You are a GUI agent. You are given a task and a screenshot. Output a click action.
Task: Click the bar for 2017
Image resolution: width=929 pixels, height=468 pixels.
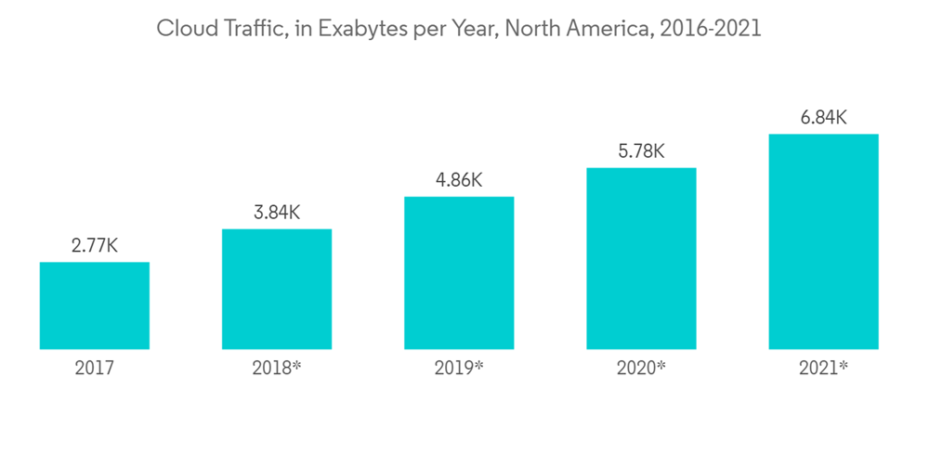pyautogui.click(x=95, y=305)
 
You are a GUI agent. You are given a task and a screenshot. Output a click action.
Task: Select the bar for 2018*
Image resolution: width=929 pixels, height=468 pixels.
pyautogui.click(x=277, y=289)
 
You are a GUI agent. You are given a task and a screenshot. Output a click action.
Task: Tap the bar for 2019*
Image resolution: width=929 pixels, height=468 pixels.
pyautogui.click(x=459, y=273)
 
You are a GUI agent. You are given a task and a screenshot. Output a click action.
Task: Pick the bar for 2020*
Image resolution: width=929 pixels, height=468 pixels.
pyautogui.click(x=641, y=258)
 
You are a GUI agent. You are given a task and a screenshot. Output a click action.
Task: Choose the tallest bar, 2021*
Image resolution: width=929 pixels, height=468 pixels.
pyautogui.click(x=823, y=241)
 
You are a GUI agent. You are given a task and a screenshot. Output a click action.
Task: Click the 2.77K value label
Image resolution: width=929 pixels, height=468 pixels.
pyautogui.click(x=95, y=246)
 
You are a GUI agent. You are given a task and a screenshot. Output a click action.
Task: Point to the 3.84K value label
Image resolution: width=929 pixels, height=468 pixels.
pyautogui.click(x=277, y=213)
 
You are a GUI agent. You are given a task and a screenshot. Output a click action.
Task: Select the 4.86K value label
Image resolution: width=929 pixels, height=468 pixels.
pyautogui.click(x=459, y=180)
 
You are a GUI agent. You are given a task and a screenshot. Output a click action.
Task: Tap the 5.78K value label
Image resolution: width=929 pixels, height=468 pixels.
pyautogui.click(x=641, y=151)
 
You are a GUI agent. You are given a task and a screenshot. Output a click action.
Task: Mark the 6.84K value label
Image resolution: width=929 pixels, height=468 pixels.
pyautogui.click(x=823, y=118)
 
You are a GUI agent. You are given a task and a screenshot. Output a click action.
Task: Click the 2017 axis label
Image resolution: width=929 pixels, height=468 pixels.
pyautogui.click(x=95, y=369)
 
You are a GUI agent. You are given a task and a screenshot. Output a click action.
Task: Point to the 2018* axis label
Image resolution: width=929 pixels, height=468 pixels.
pyautogui.click(x=277, y=369)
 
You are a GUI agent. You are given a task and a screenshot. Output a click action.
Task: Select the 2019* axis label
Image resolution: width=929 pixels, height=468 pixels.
pyautogui.click(x=459, y=369)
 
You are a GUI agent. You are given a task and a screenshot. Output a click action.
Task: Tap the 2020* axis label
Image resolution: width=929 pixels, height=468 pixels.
pyautogui.click(x=641, y=369)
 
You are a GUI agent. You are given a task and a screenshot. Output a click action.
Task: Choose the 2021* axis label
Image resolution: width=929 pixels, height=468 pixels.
pyautogui.click(x=823, y=369)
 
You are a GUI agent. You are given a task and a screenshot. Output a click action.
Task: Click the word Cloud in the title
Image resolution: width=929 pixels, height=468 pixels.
pyautogui.click(x=181, y=29)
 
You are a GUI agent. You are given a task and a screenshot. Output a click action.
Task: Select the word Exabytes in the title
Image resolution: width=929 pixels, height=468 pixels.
pyautogui.click(x=362, y=29)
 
